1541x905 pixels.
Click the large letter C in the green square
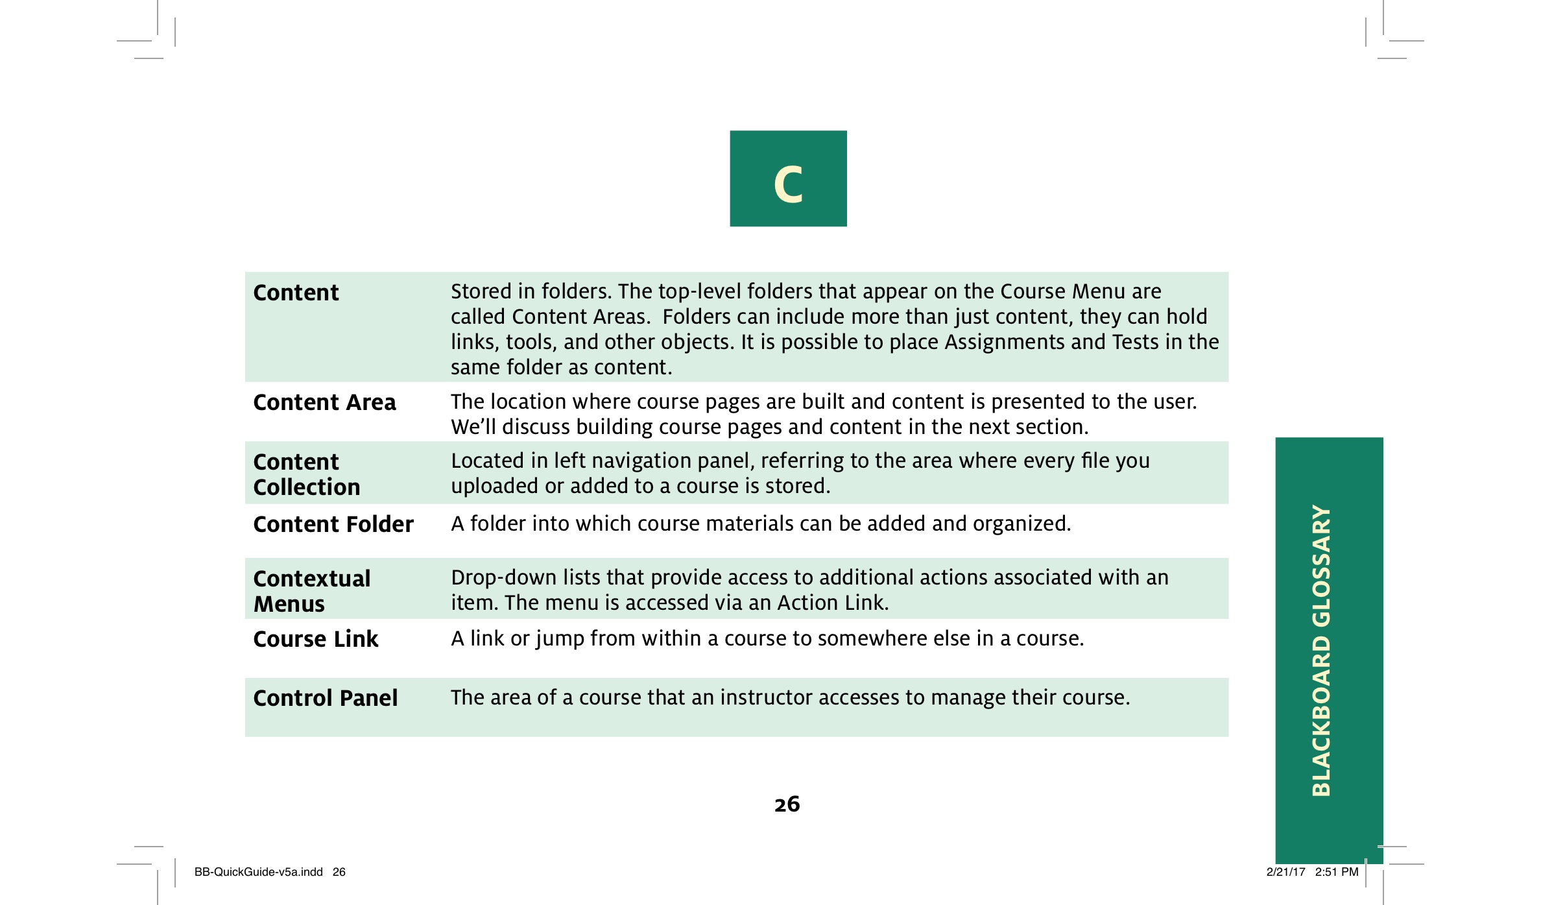coord(788,184)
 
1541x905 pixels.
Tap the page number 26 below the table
coord(787,804)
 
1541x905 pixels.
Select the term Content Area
coord(324,403)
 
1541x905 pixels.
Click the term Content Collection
coord(306,474)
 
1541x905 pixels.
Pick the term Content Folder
coord(333,524)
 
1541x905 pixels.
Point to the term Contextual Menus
coord(311,591)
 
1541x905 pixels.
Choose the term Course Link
coord(315,639)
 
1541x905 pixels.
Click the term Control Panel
coord(325,698)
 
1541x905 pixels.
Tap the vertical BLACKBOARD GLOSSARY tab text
coord(1321,650)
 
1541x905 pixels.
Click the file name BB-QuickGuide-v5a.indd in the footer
coord(258,872)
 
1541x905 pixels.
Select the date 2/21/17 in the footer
coord(1285,872)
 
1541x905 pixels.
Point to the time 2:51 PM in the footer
coord(1336,872)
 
